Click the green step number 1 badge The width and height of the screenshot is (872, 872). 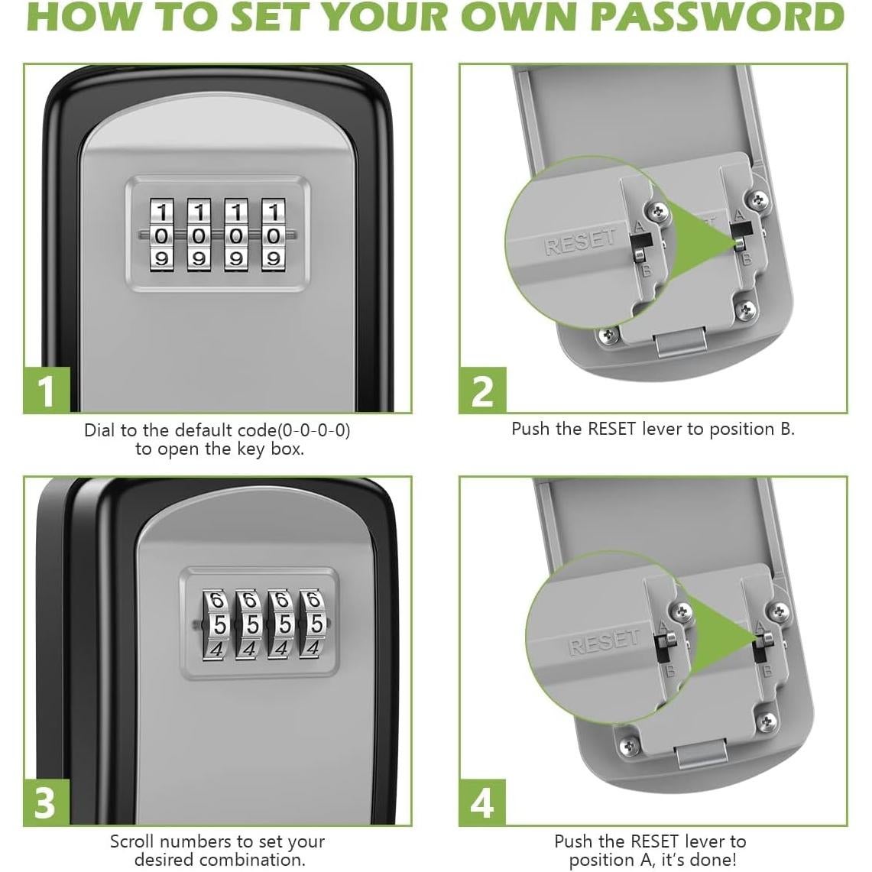pos(47,391)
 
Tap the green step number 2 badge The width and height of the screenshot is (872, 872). pos(482,391)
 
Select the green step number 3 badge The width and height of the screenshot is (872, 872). pos(47,802)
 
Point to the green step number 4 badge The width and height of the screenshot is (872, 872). pos(482,802)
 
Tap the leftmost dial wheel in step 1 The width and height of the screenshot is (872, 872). pos(162,236)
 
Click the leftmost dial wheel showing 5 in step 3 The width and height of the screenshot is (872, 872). pos(218,625)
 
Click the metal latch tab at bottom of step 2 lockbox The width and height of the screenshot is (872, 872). pos(680,342)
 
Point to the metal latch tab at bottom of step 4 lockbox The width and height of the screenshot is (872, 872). pos(702,757)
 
